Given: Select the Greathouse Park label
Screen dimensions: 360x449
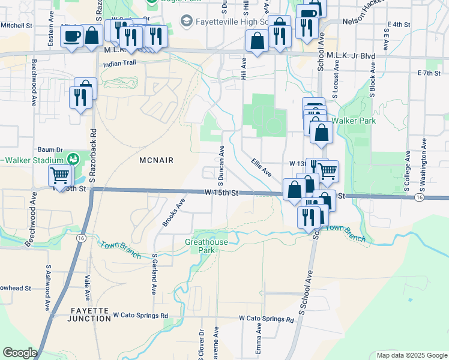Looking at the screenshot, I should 206,246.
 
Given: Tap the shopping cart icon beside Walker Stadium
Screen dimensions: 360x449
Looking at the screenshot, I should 60,176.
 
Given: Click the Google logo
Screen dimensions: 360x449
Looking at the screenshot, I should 20,353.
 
